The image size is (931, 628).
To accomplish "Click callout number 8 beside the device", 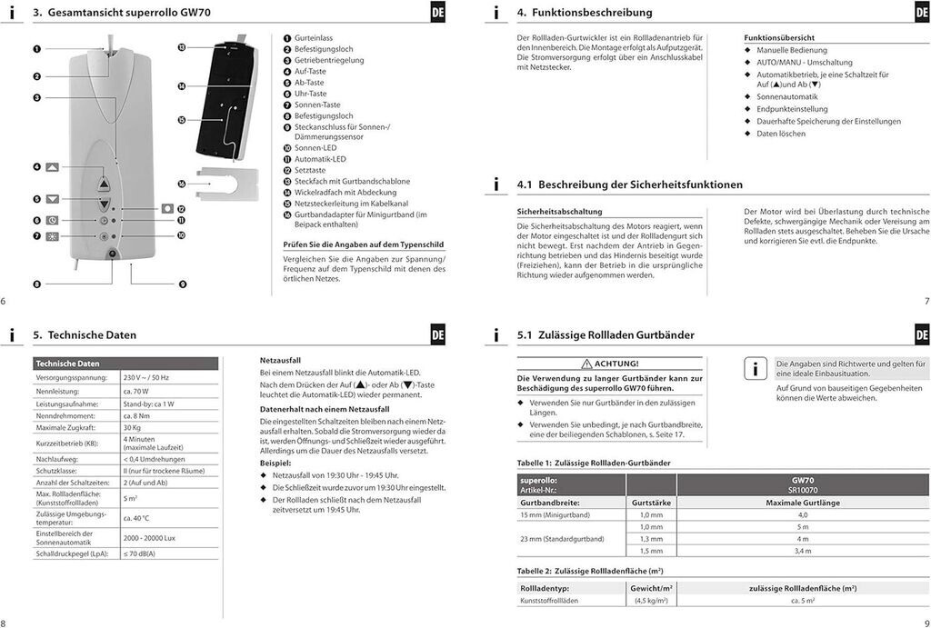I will pos(37,284).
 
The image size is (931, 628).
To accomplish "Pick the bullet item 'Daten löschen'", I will pos(781,134).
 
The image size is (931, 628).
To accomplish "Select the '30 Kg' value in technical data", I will pos(132,427).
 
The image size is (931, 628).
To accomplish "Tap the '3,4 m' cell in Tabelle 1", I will pos(802,551).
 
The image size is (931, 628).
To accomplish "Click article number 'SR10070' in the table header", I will pos(802,489).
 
